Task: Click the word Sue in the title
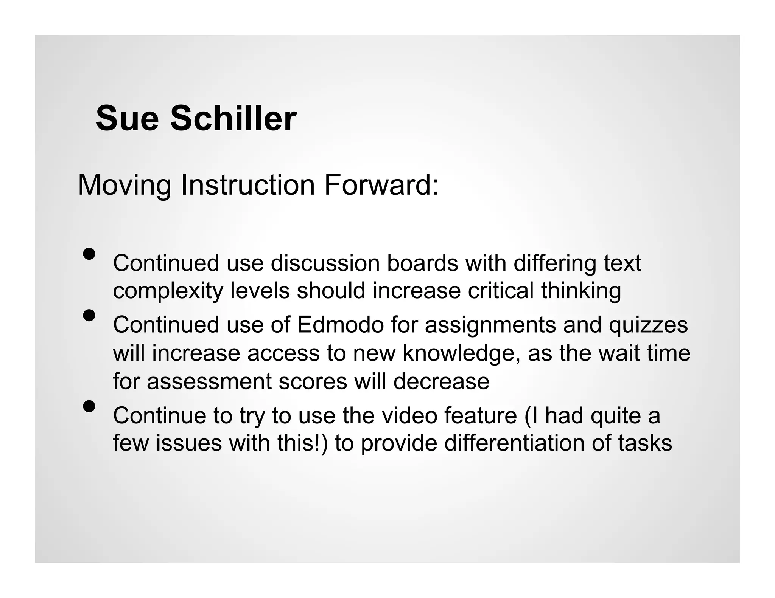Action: (127, 119)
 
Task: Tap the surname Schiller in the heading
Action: (233, 119)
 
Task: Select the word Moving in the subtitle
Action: (124, 186)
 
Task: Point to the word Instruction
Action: (248, 185)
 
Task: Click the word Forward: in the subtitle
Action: (381, 185)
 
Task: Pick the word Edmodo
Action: (340, 325)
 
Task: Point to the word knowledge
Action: (461, 354)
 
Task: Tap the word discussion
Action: (325, 263)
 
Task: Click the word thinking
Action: (581, 291)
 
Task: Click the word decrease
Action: (441, 381)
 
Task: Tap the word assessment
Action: (209, 381)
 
